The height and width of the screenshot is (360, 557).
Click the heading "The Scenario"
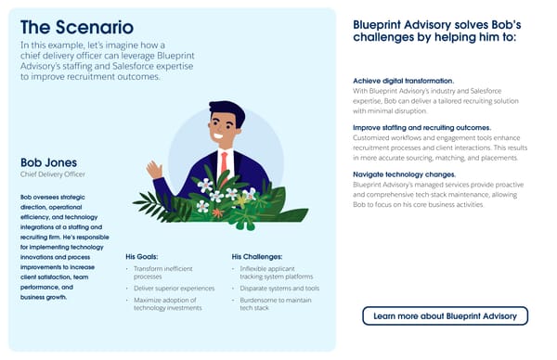click(x=76, y=27)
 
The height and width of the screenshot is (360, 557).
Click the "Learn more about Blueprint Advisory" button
click(x=445, y=316)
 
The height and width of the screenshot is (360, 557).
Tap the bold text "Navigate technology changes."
click(x=405, y=174)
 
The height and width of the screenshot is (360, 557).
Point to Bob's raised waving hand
click(x=155, y=170)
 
